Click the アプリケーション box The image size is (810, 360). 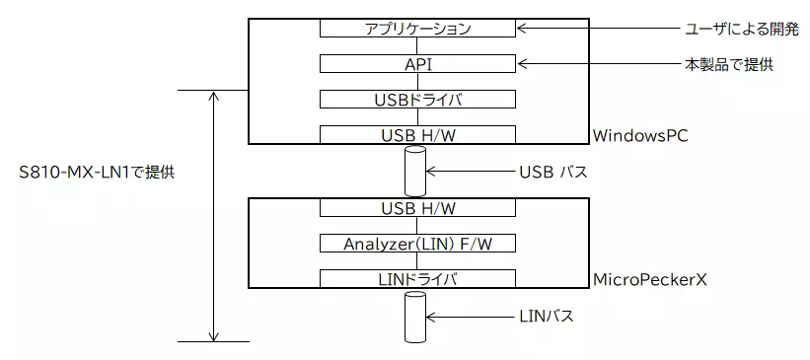pos(418,29)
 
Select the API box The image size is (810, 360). pos(418,64)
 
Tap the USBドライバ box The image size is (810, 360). pos(418,100)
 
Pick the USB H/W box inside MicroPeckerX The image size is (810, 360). pos(418,208)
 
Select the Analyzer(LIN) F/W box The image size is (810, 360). pos(418,244)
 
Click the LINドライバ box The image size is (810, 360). pos(418,279)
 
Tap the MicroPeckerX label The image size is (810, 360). pos(649,279)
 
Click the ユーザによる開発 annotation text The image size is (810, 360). pos(740,29)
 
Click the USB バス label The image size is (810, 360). pos(552,172)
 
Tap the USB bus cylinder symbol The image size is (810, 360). pos(414,172)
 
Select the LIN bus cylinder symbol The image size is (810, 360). pos(414,317)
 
